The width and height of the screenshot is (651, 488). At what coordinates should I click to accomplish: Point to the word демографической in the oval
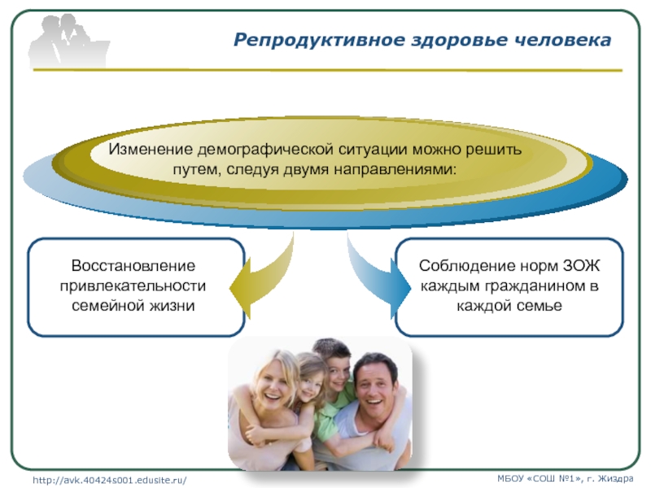(265, 150)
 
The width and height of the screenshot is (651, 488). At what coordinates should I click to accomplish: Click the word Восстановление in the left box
(133, 266)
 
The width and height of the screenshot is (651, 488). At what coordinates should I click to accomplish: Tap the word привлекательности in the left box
(133, 286)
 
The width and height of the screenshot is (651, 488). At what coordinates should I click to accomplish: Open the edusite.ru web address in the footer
(110, 480)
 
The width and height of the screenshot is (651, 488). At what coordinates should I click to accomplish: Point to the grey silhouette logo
(69, 41)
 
